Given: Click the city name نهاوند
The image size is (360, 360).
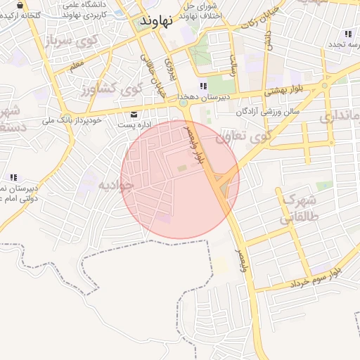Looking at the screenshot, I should point(157,20).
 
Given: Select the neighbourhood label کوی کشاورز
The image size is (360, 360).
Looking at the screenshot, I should point(112,89).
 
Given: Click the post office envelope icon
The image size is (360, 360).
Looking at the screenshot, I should point(134,114).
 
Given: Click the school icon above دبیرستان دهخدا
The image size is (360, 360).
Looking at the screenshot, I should point(203,86).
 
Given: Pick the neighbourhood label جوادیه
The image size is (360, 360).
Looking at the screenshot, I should point(115,186).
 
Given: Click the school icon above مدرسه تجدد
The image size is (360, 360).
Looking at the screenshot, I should point(347,34).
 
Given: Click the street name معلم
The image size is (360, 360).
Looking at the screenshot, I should point(76,65).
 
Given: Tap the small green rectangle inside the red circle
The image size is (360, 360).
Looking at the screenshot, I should point(182,167).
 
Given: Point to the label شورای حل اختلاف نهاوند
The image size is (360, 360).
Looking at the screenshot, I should point(202,10).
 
